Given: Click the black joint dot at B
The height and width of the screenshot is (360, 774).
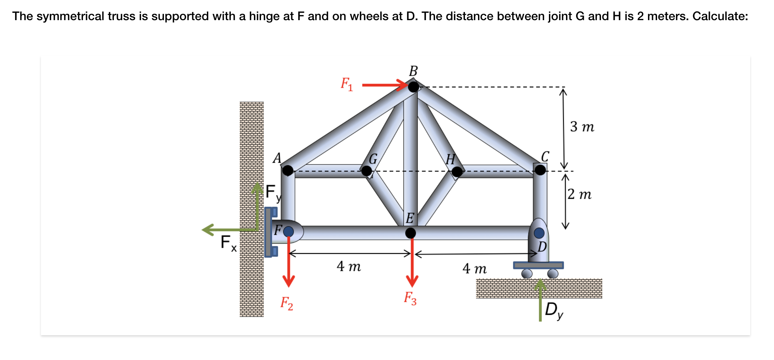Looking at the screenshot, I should coord(414,87).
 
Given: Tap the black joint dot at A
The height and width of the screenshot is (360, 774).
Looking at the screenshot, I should coord(288,170).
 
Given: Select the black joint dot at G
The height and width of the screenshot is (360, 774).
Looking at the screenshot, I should coord(367,171).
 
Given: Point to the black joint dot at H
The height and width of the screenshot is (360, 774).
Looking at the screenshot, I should coord(457,172).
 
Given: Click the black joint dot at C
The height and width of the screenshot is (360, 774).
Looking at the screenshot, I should coord(540,170).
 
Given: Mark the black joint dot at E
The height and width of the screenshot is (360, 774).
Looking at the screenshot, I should coord(411,233).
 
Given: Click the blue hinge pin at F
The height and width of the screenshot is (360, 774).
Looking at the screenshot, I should coord(288,231).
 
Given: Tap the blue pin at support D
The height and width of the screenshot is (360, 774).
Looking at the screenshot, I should coord(539,233).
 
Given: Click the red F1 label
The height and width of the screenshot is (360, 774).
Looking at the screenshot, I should coord(347,84).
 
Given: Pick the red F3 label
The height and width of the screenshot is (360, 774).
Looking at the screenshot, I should coord(410,298).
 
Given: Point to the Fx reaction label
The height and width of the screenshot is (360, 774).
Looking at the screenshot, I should coord(228,243).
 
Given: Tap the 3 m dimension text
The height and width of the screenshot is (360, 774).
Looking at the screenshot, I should coord(582,127).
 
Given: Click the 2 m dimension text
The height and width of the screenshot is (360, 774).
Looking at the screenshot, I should coord(579,194).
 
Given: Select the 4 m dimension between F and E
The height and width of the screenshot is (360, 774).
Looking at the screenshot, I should coord(349,266).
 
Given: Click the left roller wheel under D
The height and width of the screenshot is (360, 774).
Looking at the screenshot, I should coord(527,274).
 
